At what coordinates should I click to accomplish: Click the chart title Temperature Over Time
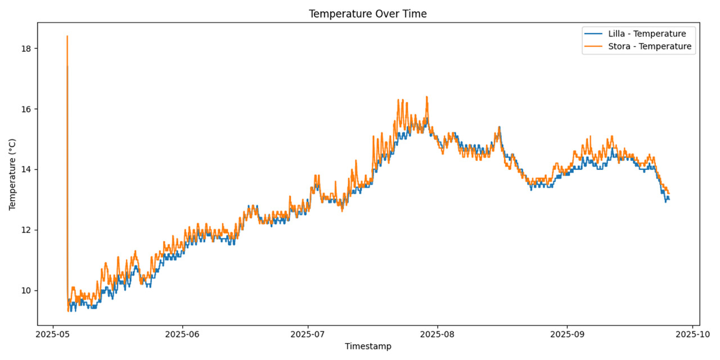coord(367,14)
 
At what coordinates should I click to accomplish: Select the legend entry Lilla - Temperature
coord(647,33)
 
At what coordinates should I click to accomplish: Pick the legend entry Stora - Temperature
coord(650,46)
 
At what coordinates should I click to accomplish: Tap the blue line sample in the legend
coord(595,33)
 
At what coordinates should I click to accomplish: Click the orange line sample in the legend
coord(595,46)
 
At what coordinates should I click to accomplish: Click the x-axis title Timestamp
coord(368,346)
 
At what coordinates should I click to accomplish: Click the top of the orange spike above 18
coord(67,36)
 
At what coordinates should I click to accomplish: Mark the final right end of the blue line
coord(669,199)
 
